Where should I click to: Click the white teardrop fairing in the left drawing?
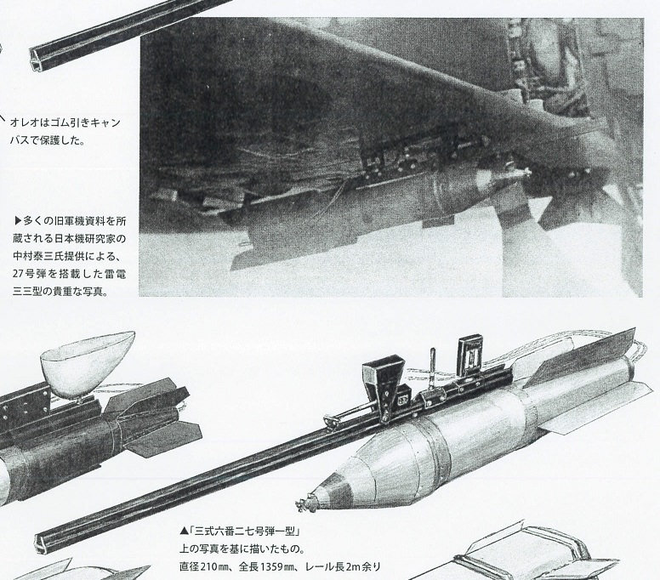tap(86, 365)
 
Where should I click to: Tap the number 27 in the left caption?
tap(17, 274)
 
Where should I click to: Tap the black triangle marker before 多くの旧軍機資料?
tap(17, 220)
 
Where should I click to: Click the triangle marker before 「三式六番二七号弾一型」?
tap(184, 532)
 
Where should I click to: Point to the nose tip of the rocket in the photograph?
tap(527, 171)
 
